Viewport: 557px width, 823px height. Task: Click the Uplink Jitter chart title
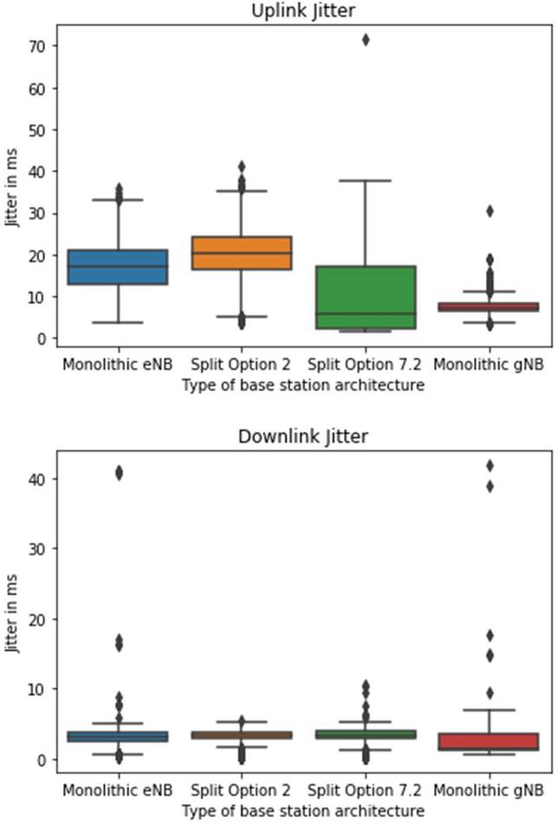[303, 11]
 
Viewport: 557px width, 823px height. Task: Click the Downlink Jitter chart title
[303, 437]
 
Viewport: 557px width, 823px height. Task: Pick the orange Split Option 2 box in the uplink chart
[242, 253]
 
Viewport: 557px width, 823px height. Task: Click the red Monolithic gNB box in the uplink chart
[489, 307]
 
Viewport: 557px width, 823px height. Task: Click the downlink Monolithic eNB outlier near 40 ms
[118, 473]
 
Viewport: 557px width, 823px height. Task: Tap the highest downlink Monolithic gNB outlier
[489, 466]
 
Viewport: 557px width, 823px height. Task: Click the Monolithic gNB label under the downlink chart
[489, 790]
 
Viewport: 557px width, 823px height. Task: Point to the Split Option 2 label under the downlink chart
[242, 790]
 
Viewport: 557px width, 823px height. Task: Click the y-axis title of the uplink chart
[12, 186]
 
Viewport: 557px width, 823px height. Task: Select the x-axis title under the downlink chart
[303, 811]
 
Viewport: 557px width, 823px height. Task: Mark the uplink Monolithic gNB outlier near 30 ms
[489, 211]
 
